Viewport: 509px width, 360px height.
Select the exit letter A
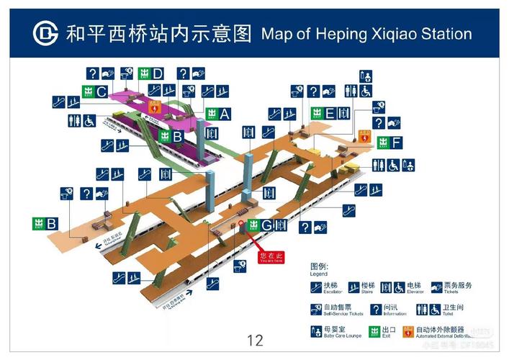point(225,114)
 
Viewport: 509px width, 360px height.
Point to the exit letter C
point(102,91)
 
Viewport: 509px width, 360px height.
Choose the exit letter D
point(158,73)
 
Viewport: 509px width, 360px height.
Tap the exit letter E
point(330,112)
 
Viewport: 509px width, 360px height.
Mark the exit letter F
point(397,143)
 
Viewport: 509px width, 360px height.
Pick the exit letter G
point(266,225)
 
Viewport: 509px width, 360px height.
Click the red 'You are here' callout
point(271,256)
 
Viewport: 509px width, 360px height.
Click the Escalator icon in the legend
point(316,287)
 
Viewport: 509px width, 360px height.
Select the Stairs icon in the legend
point(353,287)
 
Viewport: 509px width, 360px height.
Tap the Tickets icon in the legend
point(436,287)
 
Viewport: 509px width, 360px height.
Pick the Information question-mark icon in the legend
point(376,310)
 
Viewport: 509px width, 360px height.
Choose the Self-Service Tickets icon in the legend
point(316,310)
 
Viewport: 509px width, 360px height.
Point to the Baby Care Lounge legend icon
point(316,331)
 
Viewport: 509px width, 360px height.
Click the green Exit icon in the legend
point(374,331)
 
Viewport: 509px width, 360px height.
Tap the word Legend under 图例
point(319,274)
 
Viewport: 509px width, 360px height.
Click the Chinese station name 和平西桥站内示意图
point(159,33)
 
